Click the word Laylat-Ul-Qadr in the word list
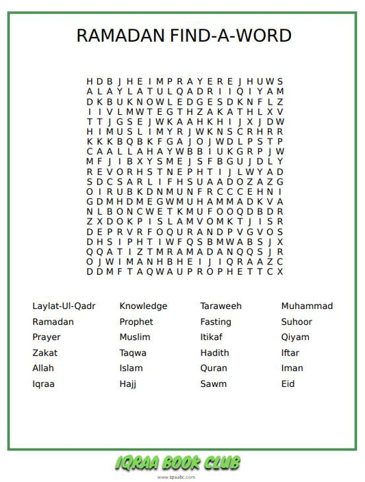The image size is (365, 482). click(x=64, y=306)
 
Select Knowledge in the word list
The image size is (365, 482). click(x=143, y=306)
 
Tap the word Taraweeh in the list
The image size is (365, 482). click(x=221, y=306)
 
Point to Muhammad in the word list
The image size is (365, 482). click(x=307, y=306)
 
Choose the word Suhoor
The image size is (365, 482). click(x=297, y=321)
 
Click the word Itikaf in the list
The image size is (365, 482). click(x=212, y=337)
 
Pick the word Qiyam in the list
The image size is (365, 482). click(x=295, y=337)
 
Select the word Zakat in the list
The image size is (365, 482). click(x=45, y=353)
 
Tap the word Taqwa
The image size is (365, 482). click(x=133, y=353)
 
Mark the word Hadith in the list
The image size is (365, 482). click(x=214, y=353)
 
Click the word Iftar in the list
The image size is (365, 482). click(x=290, y=353)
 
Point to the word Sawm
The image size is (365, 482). click(x=213, y=384)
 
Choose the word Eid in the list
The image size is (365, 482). click(x=288, y=384)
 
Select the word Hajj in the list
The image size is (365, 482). click(x=128, y=384)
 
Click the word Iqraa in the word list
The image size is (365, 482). click(x=43, y=384)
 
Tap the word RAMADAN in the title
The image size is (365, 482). click(x=121, y=36)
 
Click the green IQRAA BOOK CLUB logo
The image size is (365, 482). click(x=178, y=463)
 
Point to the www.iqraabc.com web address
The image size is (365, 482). click(x=177, y=477)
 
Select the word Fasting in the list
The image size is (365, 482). click(x=216, y=321)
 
